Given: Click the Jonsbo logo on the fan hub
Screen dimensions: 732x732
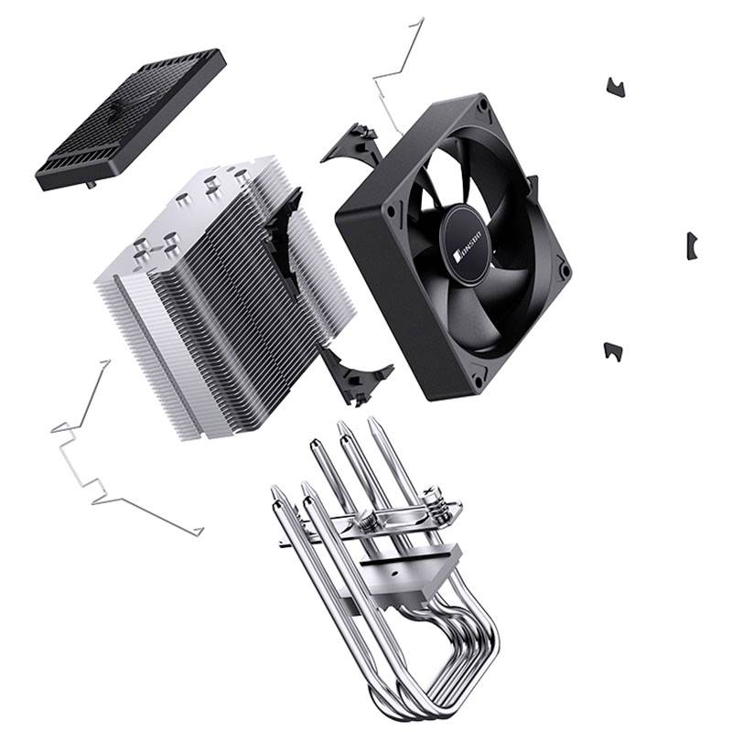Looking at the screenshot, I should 467,235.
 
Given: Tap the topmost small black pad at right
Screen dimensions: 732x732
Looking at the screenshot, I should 615,88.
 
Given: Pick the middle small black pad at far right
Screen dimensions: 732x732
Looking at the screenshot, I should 692,245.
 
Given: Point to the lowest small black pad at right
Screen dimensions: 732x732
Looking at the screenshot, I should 613,350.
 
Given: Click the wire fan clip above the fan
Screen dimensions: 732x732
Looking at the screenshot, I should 400,73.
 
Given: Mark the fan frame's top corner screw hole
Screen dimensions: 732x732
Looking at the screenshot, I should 479,112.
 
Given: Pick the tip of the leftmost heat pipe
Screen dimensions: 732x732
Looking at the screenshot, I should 277,495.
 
